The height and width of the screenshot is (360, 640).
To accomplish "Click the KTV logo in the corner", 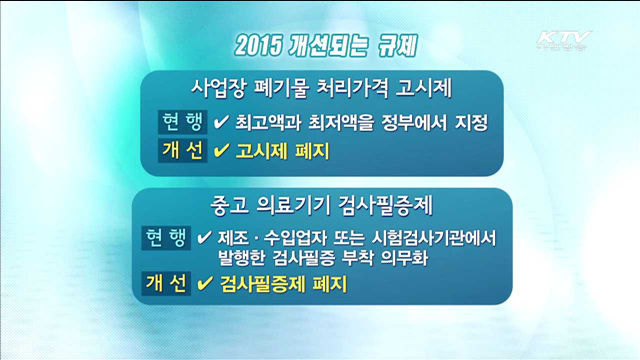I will (x=565, y=41).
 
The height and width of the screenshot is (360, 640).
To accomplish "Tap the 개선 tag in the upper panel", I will (x=181, y=151).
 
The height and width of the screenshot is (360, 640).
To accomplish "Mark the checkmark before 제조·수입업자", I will (x=204, y=239).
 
